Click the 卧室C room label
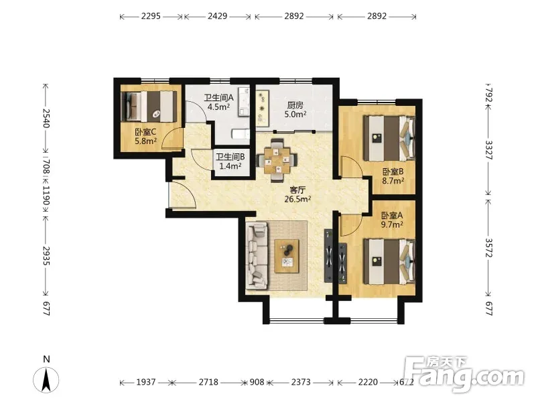[x=146, y=132]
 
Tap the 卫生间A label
[x=219, y=98]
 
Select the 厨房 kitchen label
[x=295, y=105]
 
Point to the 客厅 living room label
[x=297, y=190]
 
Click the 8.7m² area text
[x=393, y=181]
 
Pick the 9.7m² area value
[x=392, y=224]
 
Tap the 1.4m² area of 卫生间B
[x=230, y=166]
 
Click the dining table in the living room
[x=277, y=160]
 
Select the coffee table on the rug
[x=287, y=256]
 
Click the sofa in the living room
[x=257, y=255]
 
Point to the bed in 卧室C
[x=149, y=106]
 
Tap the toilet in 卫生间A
[x=241, y=134]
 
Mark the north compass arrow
[x=46, y=380]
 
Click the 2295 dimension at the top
[x=151, y=16]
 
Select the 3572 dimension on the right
[x=488, y=247]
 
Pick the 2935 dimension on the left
[x=46, y=255]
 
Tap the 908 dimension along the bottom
[x=257, y=382]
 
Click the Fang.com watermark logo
[x=468, y=375]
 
